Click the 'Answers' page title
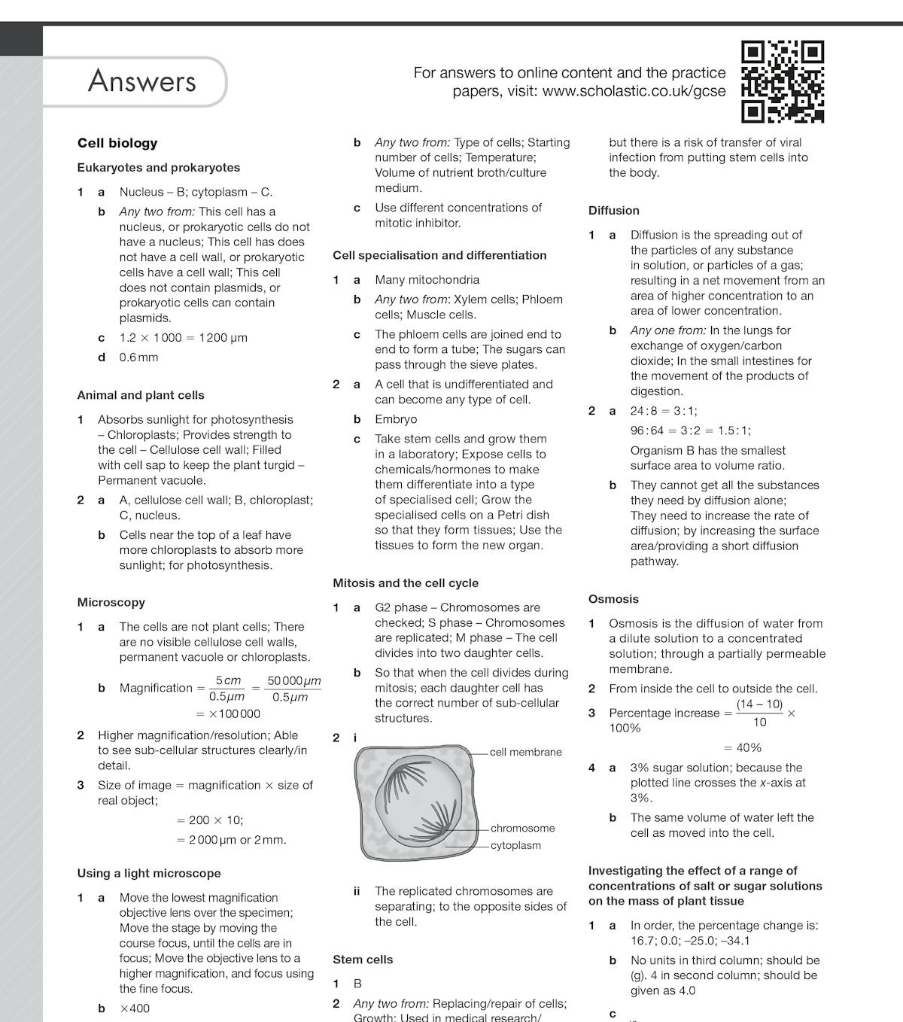point(141,81)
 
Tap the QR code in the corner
point(783,81)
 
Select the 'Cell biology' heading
point(117,143)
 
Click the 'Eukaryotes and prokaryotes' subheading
point(159,168)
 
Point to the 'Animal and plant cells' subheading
point(141,395)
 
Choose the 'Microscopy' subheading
point(111,602)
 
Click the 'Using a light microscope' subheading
point(149,873)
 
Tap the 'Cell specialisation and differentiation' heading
point(439,255)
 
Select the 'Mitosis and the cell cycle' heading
point(406,582)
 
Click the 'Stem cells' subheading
point(363,960)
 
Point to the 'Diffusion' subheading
point(614,211)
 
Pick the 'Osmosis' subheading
point(613,599)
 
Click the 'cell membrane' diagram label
point(525,752)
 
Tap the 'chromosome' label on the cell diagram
point(522,828)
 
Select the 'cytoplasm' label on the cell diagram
point(515,845)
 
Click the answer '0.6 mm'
point(138,357)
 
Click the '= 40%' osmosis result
point(743,747)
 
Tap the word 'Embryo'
point(396,419)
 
